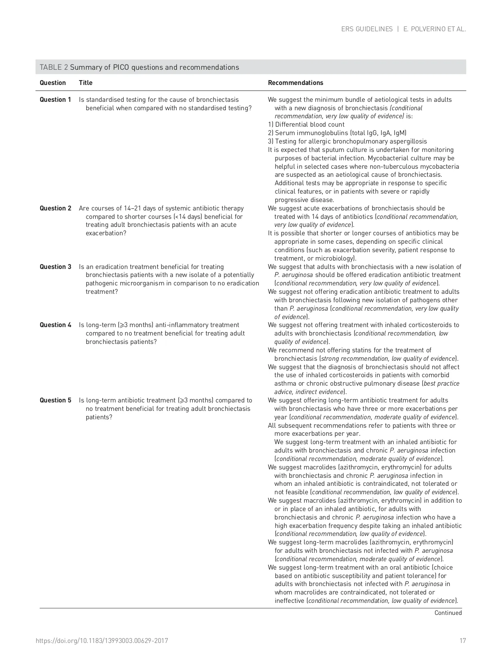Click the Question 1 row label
pos(55,100)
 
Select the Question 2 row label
pos(55,208)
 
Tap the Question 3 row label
pos(55,267)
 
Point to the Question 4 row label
pos(55,325)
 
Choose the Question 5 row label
pos(55,400)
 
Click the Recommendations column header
pos(296,83)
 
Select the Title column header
pos(86,83)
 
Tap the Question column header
pos(52,83)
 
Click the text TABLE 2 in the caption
pos(54,67)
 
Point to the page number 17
pos(463,641)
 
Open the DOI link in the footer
pos(102,641)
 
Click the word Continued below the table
pos(448,613)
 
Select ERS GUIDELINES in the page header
pos(367,29)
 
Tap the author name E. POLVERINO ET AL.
pos(435,29)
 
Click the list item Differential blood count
pos(306,125)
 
